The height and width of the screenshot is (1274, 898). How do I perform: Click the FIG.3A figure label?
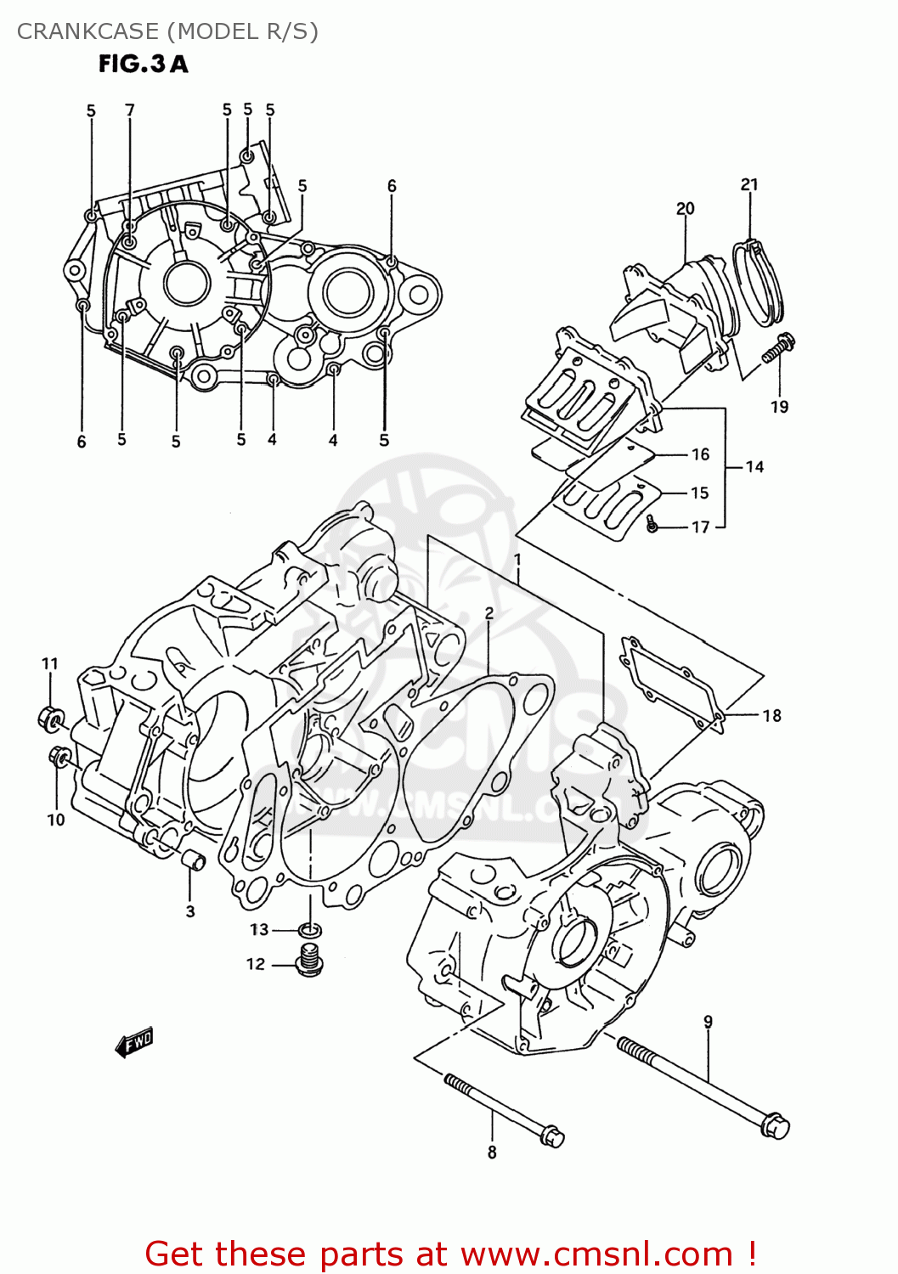(x=143, y=64)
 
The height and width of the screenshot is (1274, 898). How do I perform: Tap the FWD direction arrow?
(x=134, y=1042)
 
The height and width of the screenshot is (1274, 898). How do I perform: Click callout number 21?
(x=748, y=184)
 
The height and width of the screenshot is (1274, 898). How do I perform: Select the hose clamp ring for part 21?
(x=759, y=283)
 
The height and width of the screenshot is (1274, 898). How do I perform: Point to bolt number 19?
(x=779, y=347)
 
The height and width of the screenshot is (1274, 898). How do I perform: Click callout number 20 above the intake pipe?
(x=685, y=208)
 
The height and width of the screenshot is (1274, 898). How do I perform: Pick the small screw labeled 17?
(x=652, y=525)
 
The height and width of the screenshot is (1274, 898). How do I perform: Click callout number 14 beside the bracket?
(x=754, y=466)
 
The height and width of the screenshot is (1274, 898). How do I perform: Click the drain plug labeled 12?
(x=310, y=961)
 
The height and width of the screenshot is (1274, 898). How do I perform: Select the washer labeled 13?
(x=311, y=930)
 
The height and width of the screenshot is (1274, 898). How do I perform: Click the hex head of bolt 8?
(x=551, y=1136)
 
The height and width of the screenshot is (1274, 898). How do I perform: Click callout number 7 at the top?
(x=130, y=110)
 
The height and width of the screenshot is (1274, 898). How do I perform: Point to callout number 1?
(x=517, y=560)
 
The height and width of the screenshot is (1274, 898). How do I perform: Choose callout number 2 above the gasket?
(x=489, y=613)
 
